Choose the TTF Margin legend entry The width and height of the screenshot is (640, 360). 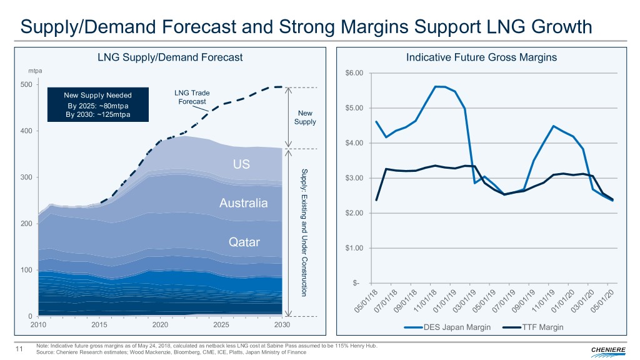(537, 327)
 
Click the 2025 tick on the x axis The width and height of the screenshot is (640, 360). (221, 326)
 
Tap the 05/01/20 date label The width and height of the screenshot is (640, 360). (603, 301)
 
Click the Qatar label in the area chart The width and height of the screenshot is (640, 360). (244, 242)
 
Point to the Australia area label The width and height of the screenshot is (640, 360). (244, 203)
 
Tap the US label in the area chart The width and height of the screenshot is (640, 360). (241, 164)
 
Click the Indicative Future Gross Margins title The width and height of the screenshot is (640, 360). (481, 57)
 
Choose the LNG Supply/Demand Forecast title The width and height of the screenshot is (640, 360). (170, 57)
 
